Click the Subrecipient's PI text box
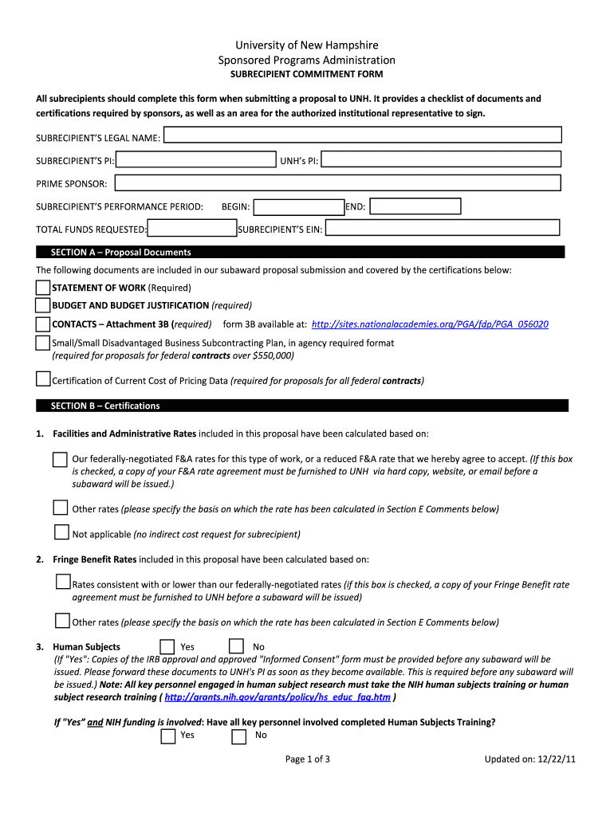pos(195,161)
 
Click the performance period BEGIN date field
pos(298,207)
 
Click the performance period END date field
pos(415,206)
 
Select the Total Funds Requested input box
pos(192,229)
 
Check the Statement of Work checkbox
pos(43,288)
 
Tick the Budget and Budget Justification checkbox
pos(43,305)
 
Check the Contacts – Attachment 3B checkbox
pos(43,324)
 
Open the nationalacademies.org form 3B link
pos(430,325)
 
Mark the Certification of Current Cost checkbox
pos(43,379)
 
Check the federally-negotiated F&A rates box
pos(61,460)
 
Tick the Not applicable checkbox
pos(61,532)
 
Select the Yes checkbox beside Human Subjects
pos(167,646)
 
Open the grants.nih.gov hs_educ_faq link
pos(277,697)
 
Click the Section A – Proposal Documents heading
pos(121,253)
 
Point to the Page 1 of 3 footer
pos(308,759)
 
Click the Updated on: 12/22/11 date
pos(529,759)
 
